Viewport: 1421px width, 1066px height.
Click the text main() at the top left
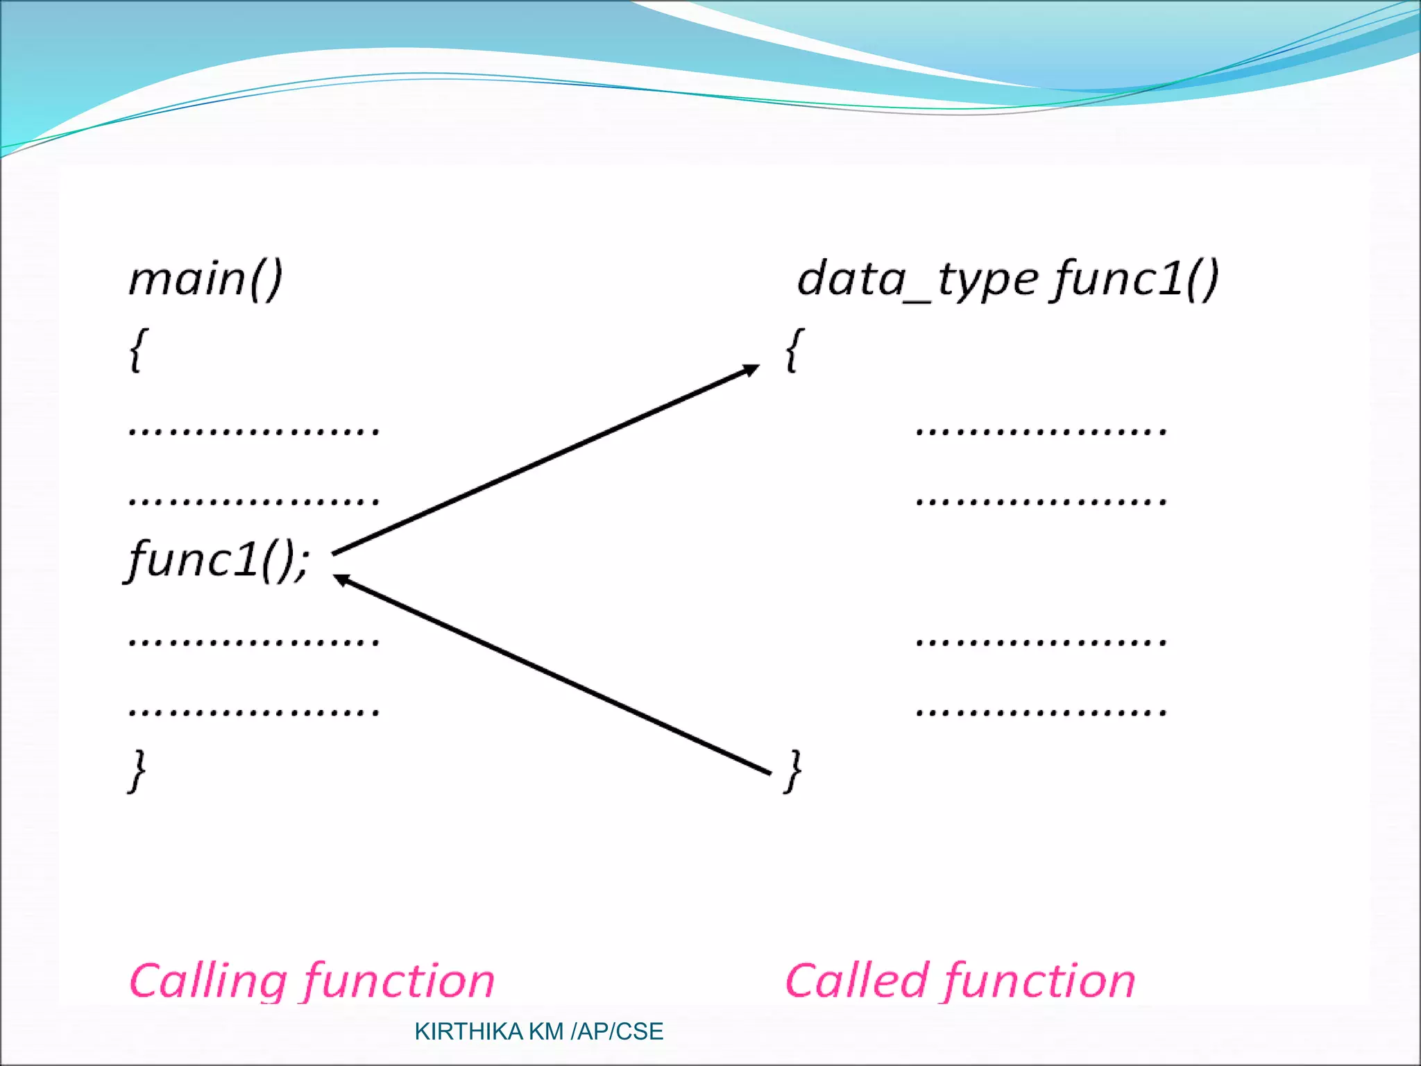[205, 279]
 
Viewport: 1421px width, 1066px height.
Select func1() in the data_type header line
[1135, 279]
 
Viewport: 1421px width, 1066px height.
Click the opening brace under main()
[138, 350]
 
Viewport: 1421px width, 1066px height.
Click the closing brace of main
[138, 770]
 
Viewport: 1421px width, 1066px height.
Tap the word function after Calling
[400, 981]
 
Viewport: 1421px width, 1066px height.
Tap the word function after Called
[1039, 981]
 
